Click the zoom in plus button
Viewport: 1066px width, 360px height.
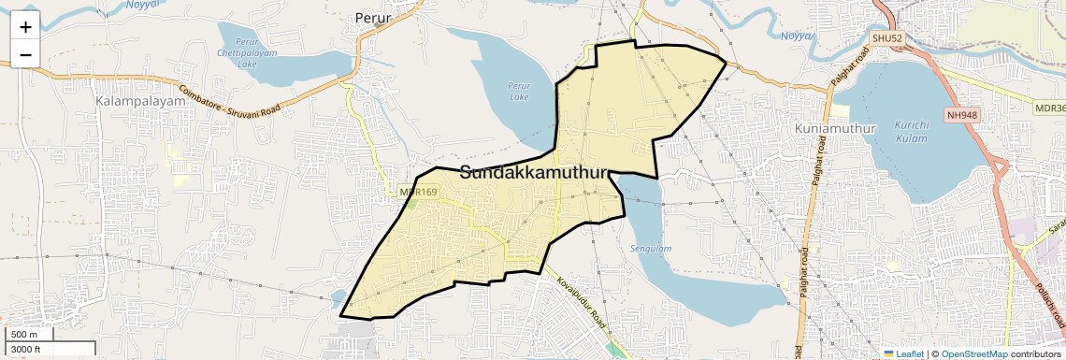25,27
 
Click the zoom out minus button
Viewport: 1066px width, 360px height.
25,55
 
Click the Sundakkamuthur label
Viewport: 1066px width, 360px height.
534,172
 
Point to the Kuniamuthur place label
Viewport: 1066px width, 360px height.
831,127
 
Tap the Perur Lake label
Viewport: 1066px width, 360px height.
518,91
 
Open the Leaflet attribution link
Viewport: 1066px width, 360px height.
903,353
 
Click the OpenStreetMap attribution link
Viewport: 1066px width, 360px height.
974,353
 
